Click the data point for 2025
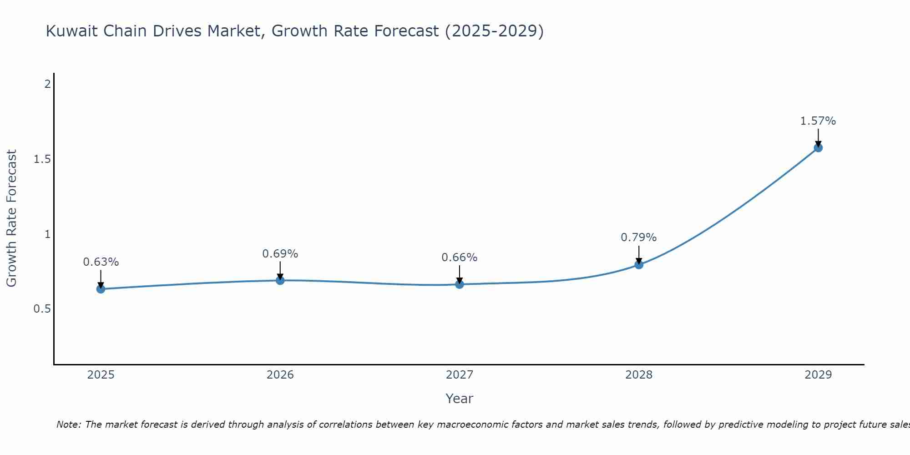tap(101, 289)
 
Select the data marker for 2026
tap(280, 280)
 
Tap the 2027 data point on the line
tap(460, 284)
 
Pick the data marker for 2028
tap(639, 264)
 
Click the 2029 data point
tap(818, 147)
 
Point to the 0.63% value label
tap(101, 262)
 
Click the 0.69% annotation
tap(280, 254)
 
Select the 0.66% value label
tap(460, 258)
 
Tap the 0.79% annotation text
tap(639, 238)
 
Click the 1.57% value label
tap(818, 121)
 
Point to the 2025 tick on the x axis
tap(101, 375)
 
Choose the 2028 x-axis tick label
tap(639, 375)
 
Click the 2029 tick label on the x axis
tap(818, 375)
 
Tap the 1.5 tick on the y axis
tap(42, 159)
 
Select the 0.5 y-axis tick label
tap(42, 309)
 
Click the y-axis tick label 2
tap(47, 84)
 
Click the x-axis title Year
tap(460, 399)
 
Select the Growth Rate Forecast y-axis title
tap(12, 218)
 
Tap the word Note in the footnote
tap(68, 425)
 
